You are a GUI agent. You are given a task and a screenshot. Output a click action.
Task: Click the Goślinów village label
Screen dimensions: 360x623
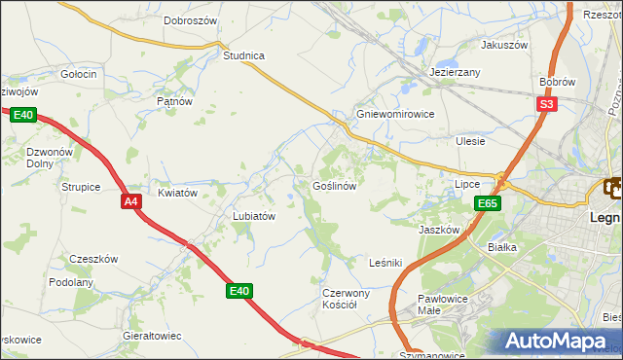[339, 185]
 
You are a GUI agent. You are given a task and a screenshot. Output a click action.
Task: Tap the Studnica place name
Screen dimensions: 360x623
[243, 55]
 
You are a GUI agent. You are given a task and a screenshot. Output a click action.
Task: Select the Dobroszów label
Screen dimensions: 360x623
[190, 19]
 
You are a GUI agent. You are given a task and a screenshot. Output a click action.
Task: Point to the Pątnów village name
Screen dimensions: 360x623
[174, 100]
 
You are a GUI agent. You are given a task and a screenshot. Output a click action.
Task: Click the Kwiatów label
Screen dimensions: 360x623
[178, 193]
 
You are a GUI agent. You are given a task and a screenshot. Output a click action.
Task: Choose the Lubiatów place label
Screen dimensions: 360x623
[255, 216]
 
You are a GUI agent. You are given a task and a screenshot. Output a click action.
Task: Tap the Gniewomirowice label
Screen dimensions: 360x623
[394, 114]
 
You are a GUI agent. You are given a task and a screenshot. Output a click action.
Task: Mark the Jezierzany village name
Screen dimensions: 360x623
[456, 73]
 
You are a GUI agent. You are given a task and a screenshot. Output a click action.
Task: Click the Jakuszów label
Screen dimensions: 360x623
[504, 45]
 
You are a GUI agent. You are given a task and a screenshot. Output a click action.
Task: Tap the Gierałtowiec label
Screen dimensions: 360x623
[152, 335]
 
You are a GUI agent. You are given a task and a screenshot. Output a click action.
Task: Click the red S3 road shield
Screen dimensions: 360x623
[546, 104]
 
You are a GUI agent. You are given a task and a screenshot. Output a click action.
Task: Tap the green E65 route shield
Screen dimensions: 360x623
[488, 203]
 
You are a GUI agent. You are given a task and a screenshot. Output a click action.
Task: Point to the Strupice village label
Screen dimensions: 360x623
[81, 187]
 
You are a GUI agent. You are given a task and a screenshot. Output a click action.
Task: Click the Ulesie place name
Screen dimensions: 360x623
[470, 141]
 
